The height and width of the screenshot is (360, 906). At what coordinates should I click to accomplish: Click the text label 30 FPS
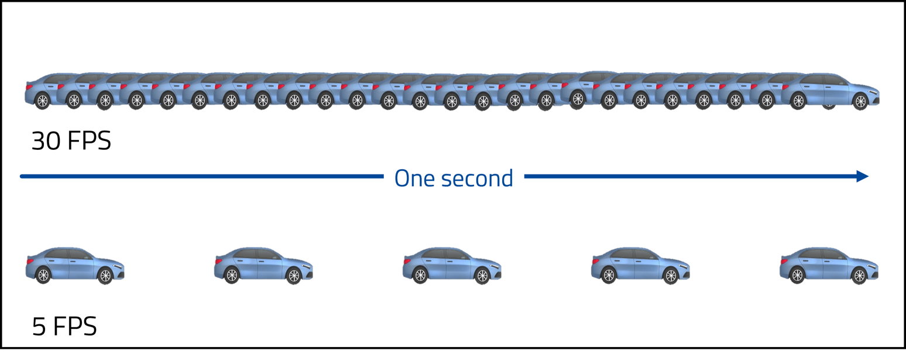click(71, 141)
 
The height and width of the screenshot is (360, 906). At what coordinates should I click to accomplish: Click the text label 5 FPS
click(64, 326)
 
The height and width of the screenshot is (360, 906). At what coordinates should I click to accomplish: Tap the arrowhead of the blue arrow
click(862, 176)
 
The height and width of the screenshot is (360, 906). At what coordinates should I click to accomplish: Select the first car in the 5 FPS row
click(74, 266)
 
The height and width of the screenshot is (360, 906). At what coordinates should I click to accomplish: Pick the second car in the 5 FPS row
click(263, 266)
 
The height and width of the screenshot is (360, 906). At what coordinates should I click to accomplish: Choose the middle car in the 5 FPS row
click(451, 266)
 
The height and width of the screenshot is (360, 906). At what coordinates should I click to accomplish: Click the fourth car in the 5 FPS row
click(640, 266)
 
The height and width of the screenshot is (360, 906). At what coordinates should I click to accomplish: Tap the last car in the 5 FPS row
click(828, 266)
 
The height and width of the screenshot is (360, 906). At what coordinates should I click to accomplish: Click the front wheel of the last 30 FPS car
click(860, 102)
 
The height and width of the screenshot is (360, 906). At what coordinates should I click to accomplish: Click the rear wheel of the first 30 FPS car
click(42, 101)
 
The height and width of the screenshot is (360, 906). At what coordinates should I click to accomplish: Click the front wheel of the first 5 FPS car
click(105, 275)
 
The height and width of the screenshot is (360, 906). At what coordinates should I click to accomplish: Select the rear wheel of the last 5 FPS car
click(797, 275)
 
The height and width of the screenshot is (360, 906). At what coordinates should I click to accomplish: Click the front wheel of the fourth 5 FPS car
click(671, 275)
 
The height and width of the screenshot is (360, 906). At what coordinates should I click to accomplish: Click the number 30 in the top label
click(46, 141)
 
